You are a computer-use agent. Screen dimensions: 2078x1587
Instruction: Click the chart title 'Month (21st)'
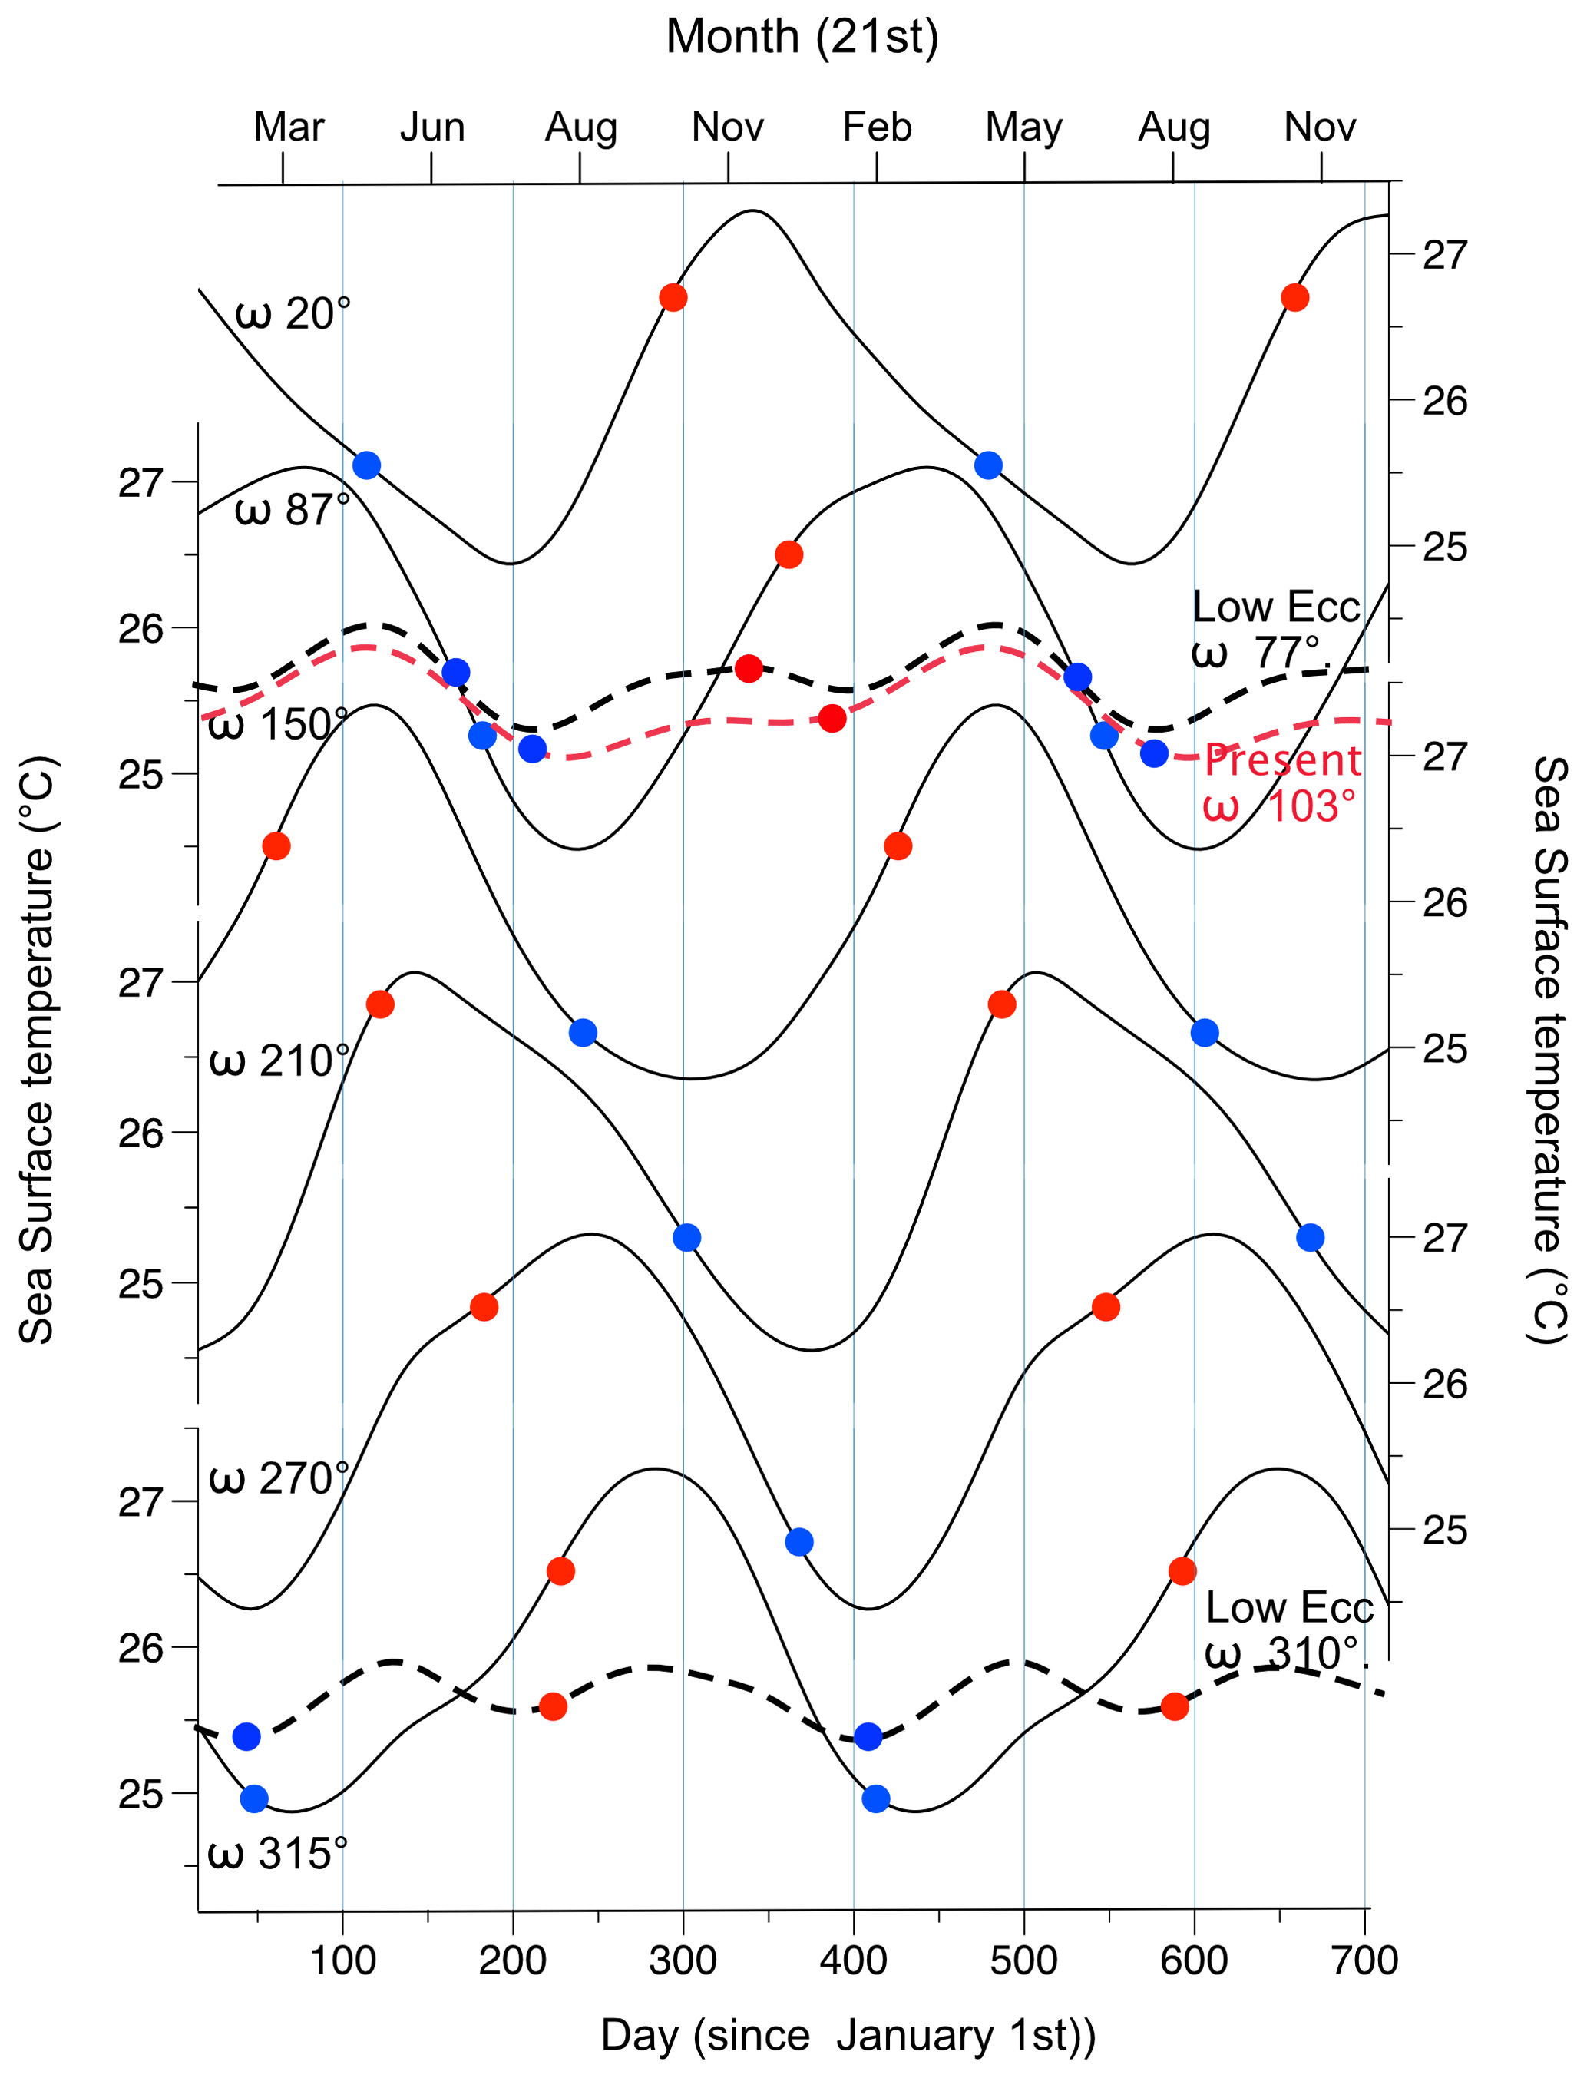click(802, 38)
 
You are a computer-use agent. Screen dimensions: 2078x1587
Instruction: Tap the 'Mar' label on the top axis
click(289, 127)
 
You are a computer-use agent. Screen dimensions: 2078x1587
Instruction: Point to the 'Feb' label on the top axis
click(877, 127)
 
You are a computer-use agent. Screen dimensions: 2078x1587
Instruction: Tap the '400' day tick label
click(853, 1961)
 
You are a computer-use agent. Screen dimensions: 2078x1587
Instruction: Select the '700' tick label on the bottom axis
click(1364, 1961)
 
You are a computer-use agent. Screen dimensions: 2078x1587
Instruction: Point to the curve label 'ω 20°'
click(293, 313)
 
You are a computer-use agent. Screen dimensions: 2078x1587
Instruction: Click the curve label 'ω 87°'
click(293, 511)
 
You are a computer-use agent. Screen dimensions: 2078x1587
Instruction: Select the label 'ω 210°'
click(279, 1062)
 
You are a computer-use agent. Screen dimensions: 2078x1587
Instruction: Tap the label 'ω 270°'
click(279, 1479)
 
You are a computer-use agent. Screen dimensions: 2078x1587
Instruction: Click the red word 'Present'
click(1283, 760)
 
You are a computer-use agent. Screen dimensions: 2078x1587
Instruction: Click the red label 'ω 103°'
click(1279, 806)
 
